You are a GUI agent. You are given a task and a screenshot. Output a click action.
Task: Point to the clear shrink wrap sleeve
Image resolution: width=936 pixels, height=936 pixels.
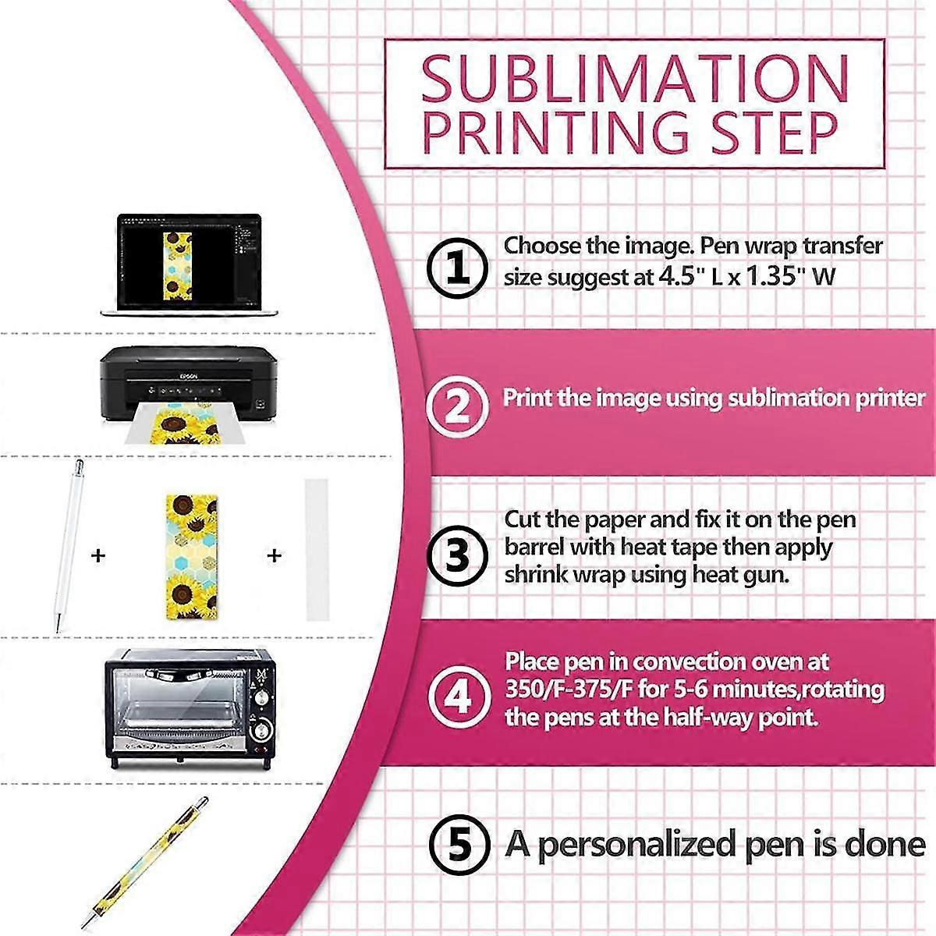coord(317,550)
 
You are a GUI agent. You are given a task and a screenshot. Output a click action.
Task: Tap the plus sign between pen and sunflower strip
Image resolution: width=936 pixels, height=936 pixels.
coord(98,556)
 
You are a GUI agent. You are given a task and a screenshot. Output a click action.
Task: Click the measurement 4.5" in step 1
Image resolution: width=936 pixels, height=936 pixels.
coord(683,277)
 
